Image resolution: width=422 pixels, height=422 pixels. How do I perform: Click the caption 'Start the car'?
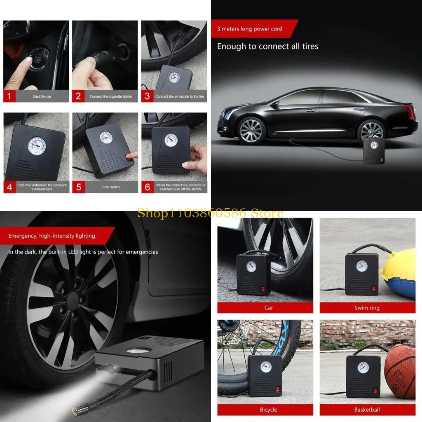point(42,96)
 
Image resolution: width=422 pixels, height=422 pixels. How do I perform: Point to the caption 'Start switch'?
point(111,187)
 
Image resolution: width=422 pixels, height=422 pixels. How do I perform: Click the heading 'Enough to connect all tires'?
point(268,46)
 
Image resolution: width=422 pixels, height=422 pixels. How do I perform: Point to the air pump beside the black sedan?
point(374,151)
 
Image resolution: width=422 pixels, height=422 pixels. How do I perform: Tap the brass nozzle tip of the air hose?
point(77,410)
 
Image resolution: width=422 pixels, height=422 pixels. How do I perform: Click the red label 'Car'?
point(269,308)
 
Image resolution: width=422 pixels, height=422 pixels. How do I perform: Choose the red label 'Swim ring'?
point(367,308)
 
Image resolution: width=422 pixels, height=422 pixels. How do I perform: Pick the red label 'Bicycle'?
point(269,410)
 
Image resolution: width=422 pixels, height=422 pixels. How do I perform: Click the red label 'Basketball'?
point(367,410)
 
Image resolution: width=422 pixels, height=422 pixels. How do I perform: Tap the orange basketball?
point(400,371)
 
